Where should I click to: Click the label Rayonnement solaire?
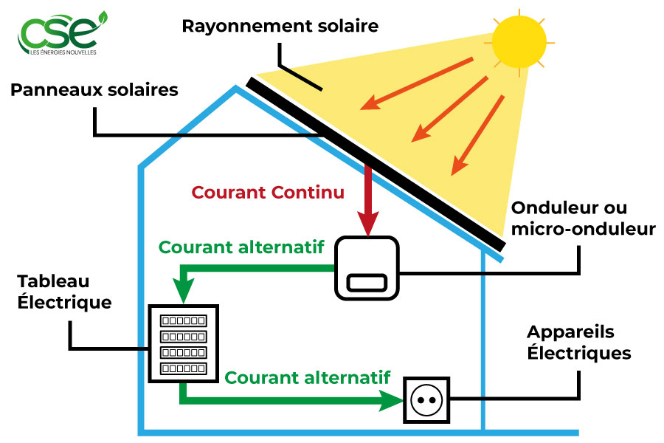point(280,27)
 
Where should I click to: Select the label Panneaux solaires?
point(94,90)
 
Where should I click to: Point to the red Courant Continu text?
point(268,193)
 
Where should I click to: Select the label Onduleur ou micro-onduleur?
point(583,218)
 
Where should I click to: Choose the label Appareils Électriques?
point(579,343)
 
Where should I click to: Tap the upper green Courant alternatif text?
point(241,247)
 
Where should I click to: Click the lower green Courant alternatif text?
point(307,377)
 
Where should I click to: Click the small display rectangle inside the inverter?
point(367,282)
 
